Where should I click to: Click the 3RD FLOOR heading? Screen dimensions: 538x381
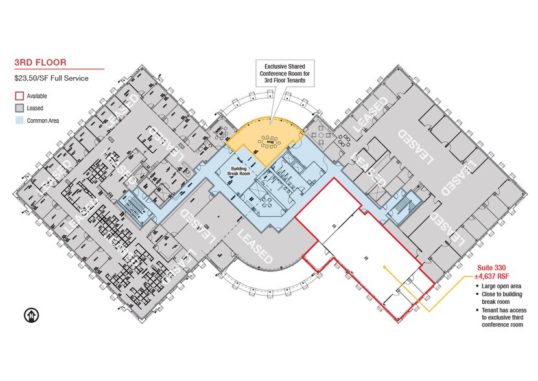pos(40,62)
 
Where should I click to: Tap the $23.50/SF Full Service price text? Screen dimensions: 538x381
pos(51,78)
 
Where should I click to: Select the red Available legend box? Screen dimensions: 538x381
pos(19,96)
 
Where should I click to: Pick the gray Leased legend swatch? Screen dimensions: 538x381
pos(19,108)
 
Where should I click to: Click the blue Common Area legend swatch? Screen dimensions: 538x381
pos(19,121)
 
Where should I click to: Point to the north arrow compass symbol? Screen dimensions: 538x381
pos(31,315)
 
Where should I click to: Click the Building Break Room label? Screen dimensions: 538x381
pos(239,171)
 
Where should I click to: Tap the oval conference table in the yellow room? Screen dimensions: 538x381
pos(269,141)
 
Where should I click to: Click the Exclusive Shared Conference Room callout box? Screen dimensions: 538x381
pos(285,73)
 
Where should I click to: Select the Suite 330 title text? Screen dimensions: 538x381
pos(491,268)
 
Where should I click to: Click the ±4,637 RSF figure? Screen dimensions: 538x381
pos(491,276)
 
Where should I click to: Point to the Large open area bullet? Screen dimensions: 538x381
pos(498,286)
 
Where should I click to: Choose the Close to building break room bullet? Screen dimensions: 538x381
pos(499,297)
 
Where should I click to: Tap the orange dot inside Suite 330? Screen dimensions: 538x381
pos(384,266)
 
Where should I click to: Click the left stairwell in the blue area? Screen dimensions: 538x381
pos(134,207)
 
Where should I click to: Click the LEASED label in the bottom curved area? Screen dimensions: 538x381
pos(255,247)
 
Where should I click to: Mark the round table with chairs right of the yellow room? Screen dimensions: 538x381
pos(321,134)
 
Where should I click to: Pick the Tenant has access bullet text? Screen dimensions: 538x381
pos(501,317)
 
